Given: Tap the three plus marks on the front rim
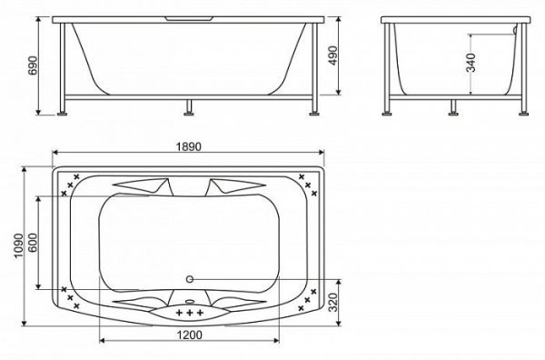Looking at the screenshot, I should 190,314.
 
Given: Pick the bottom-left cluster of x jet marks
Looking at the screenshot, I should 70,295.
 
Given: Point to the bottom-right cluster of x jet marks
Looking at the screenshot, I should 310,295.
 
